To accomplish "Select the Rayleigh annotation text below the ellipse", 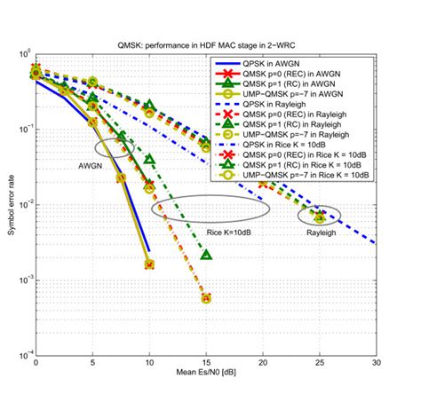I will pyautogui.click(x=321, y=233).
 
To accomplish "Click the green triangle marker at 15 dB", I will pyautogui.click(x=206, y=256).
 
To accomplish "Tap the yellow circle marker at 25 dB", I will pyautogui.click(x=321, y=217).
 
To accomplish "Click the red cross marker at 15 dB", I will pyautogui.click(x=206, y=299).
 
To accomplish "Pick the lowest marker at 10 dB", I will pyautogui.click(x=149, y=264).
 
